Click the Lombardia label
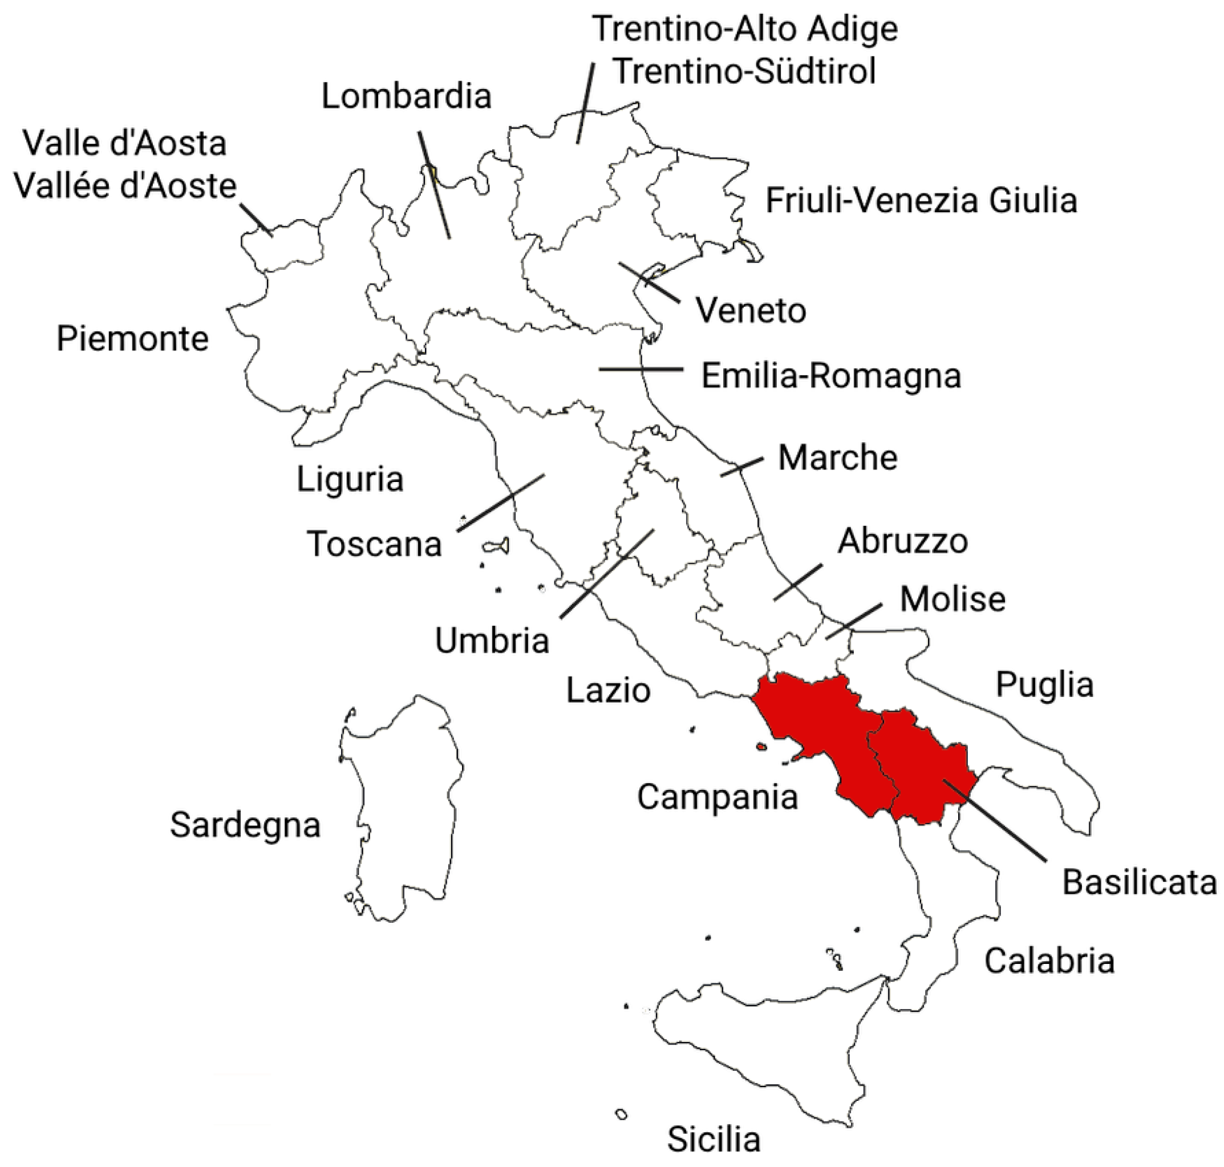click(x=406, y=96)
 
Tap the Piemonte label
click(x=132, y=339)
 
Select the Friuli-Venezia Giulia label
click(x=921, y=201)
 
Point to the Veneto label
click(x=751, y=310)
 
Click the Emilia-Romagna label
click(x=831, y=376)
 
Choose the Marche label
click(x=837, y=458)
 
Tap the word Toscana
click(x=374, y=544)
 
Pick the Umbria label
click(x=491, y=641)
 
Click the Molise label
click(x=952, y=599)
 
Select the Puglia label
click(x=1044, y=684)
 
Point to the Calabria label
click(x=1048, y=961)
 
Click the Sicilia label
click(x=714, y=1140)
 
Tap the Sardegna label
click(x=245, y=825)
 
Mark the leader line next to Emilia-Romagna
click(x=641, y=370)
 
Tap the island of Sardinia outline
click(x=404, y=809)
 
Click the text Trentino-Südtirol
click(x=744, y=71)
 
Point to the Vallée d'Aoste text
click(x=125, y=186)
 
